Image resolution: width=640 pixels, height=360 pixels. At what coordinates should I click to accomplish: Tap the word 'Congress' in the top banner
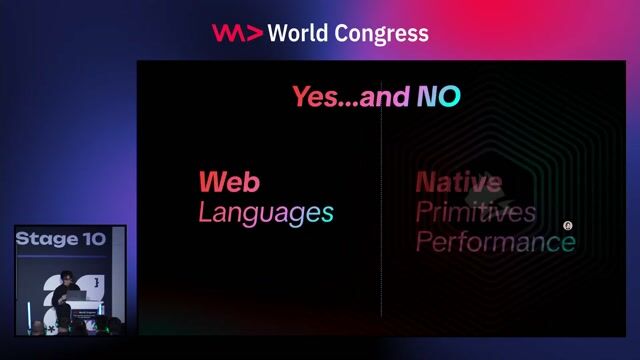385,34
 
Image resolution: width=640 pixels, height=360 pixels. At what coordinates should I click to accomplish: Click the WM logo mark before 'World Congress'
237,33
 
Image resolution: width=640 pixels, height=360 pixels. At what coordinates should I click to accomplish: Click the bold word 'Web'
229,182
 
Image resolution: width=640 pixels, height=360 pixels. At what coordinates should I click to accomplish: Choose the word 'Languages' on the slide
265,212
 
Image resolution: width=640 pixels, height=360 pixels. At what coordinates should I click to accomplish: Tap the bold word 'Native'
458,182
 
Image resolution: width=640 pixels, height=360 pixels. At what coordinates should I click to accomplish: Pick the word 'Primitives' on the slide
475,212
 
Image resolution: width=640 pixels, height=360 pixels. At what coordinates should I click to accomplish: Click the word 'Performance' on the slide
495,242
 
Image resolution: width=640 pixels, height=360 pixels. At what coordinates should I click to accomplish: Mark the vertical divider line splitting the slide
381,200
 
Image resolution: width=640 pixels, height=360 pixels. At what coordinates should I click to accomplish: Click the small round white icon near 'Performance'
568,227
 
